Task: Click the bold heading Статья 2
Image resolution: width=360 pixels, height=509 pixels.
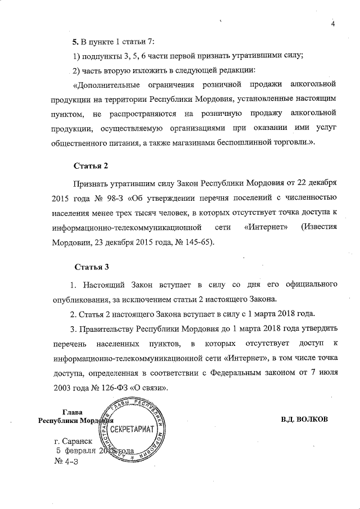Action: coord(91,166)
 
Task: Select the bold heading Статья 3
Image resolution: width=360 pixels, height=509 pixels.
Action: coord(91,267)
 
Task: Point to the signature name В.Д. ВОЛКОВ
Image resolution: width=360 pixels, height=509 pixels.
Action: coord(303,420)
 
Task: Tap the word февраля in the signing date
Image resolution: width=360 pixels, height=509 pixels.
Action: coord(79,452)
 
